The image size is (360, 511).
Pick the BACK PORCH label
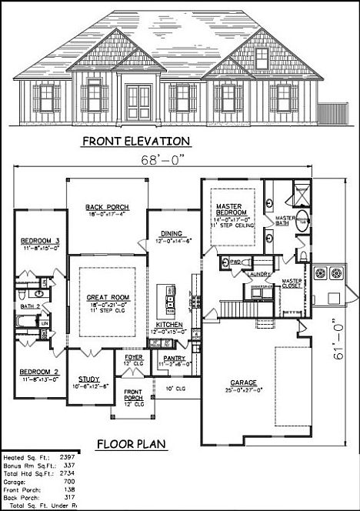pyautogui.click(x=107, y=208)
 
